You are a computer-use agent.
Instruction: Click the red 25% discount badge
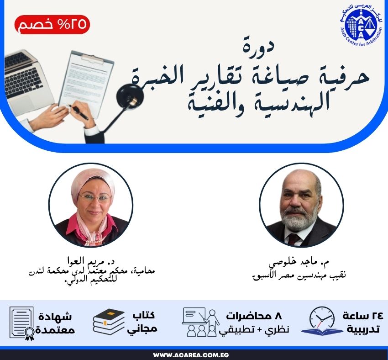[x=52, y=25]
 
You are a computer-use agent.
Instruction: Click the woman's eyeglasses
[x=94, y=198]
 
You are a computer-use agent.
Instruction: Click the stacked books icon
[x=109, y=322]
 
